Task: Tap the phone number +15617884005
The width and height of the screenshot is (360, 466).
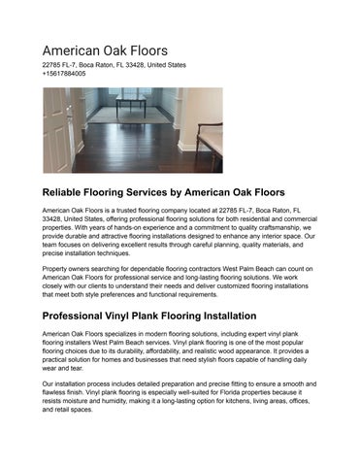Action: pyautogui.click(x=64, y=73)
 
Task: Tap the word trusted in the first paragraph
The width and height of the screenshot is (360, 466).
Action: pyautogui.click(x=124, y=210)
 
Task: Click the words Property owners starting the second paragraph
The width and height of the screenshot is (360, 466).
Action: pyautogui.click(x=70, y=267)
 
